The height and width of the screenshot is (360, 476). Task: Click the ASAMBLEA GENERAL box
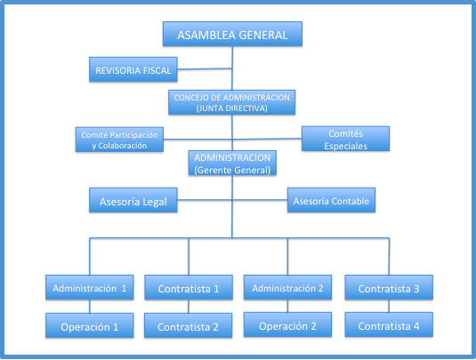232,34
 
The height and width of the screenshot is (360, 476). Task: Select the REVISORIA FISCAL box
133,69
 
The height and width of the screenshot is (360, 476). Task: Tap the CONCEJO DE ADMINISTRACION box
232,102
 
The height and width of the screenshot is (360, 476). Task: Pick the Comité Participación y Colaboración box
119,140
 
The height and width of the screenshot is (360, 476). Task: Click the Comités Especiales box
346,139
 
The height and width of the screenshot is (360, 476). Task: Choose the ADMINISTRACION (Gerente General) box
232,163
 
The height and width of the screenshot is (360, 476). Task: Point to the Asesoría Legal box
133,200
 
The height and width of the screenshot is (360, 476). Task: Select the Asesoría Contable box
332,200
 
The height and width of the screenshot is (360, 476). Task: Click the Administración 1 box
90,287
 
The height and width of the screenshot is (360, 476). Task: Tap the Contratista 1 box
189,287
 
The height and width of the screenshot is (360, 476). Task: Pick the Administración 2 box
287,287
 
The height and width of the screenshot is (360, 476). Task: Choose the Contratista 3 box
389,287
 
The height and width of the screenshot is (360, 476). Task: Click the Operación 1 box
90,325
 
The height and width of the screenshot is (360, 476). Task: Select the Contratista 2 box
189,325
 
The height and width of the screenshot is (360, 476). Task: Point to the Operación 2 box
287,324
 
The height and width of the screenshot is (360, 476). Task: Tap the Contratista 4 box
389,324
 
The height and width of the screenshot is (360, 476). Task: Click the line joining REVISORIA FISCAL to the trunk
205,68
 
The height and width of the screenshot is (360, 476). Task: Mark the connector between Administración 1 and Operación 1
90,307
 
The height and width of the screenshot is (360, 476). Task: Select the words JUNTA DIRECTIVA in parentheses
232,108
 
